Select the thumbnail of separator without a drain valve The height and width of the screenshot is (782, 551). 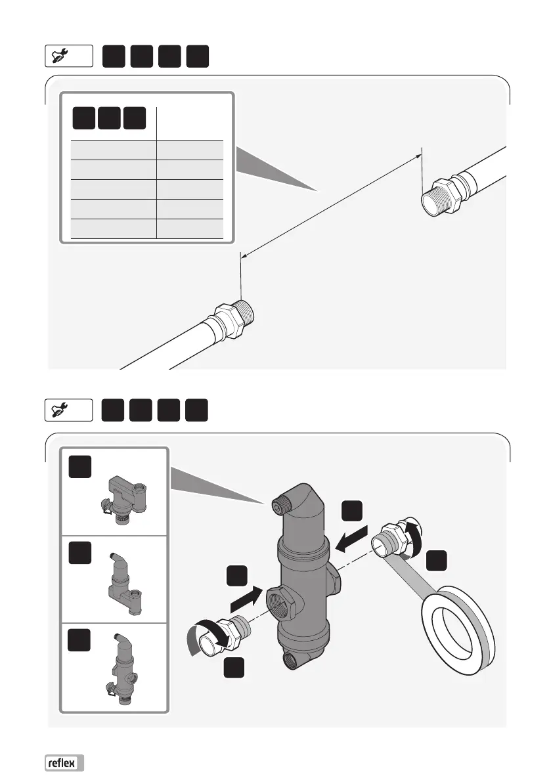[x=124, y=581]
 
